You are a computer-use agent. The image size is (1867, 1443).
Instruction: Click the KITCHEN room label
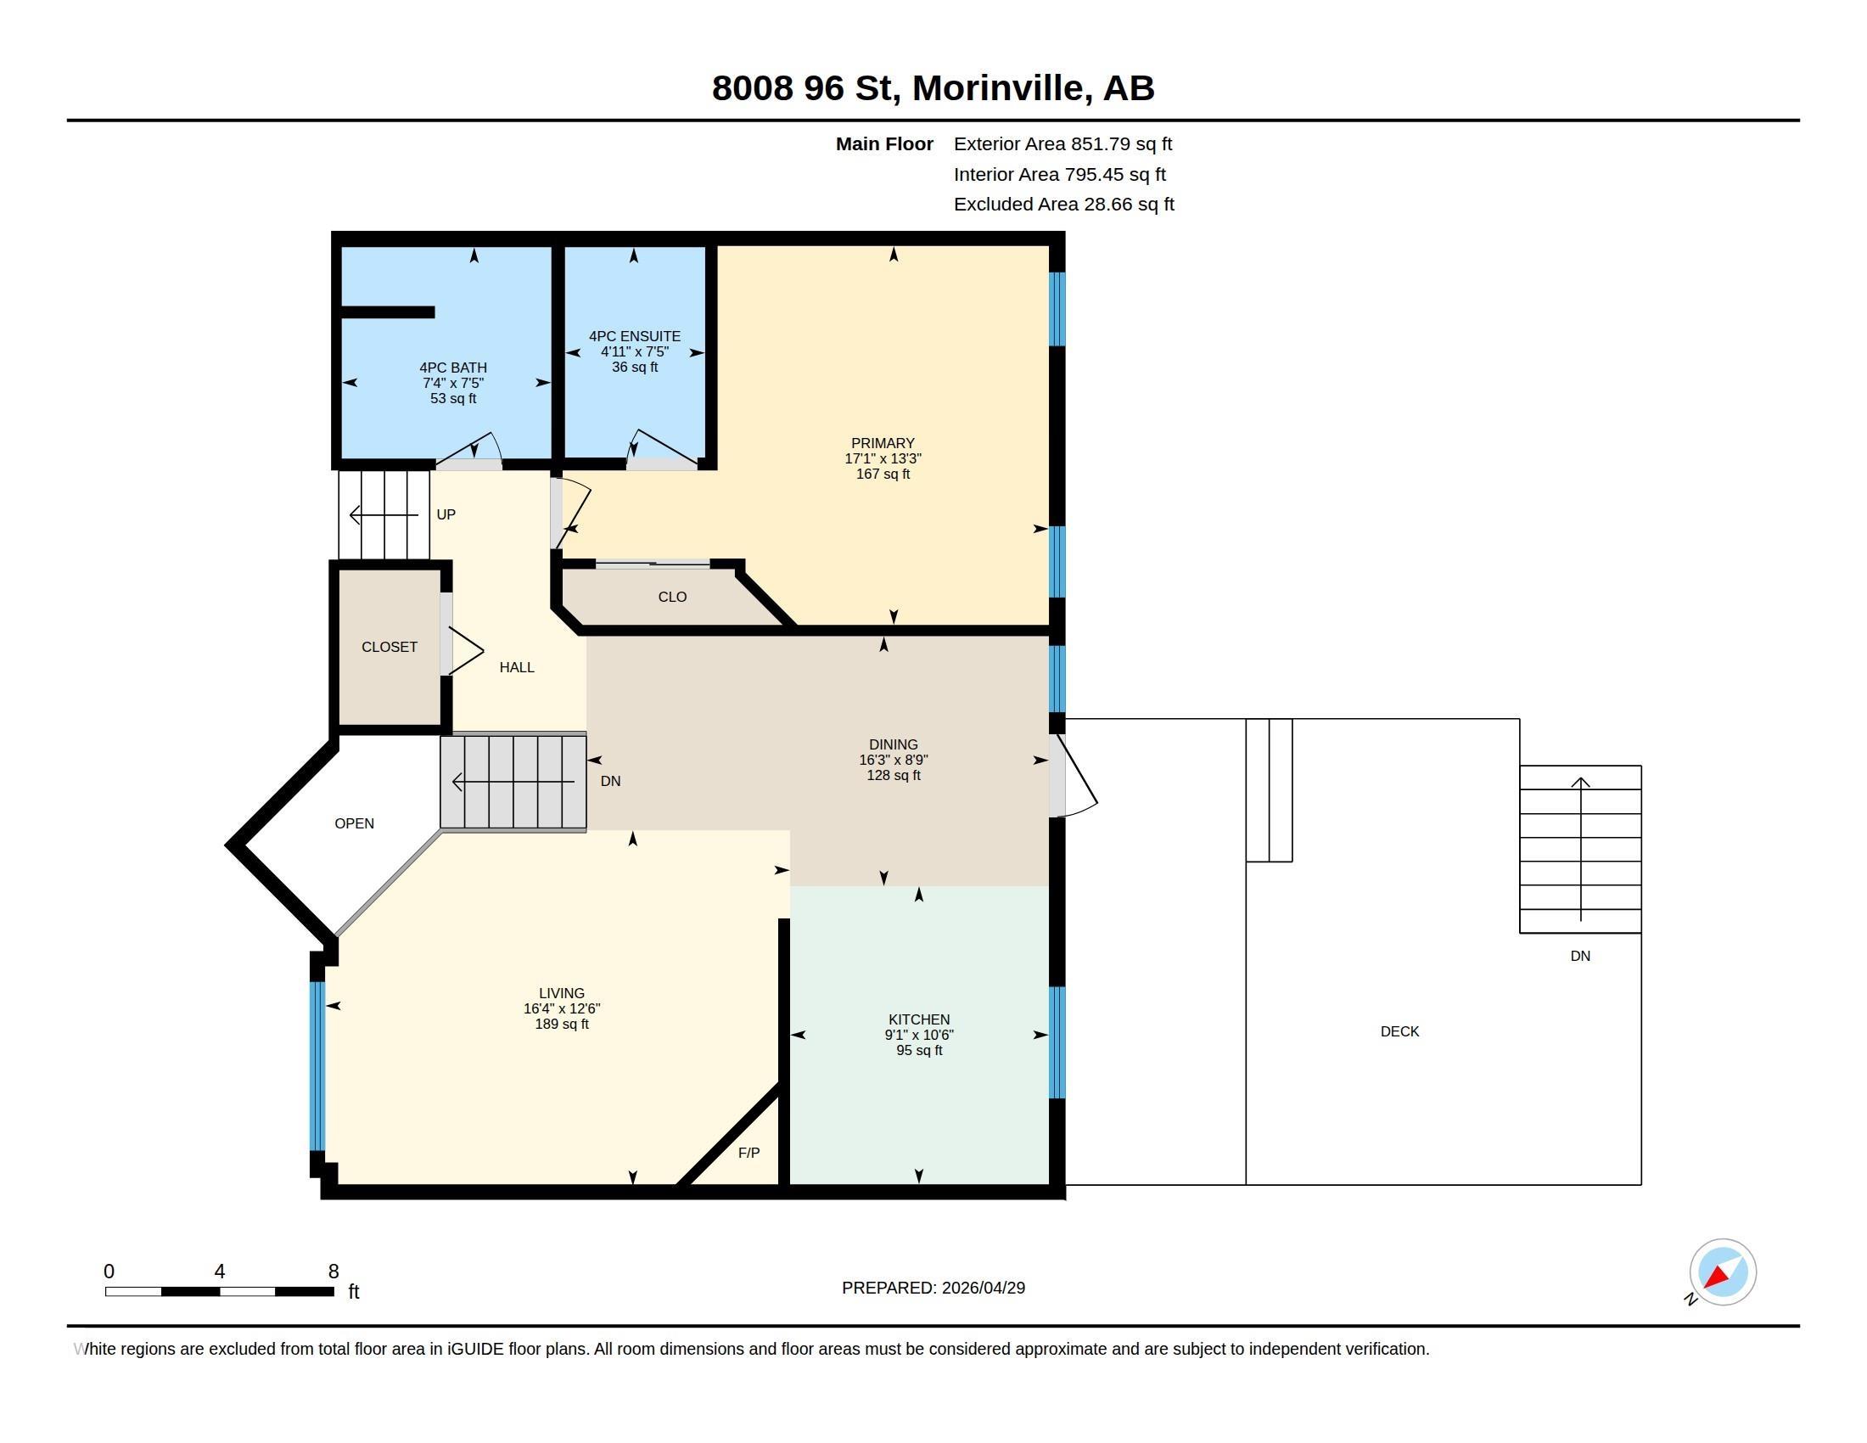[x=919, y=1019]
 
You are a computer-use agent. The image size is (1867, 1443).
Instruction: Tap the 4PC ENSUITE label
[x=634, y=336]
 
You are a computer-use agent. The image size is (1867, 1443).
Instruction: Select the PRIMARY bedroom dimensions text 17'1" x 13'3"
[x=883, y=458]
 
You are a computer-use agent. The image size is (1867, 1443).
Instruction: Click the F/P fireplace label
[x=748, y=1153]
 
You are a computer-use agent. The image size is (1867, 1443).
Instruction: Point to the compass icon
[x=1722, y=1272]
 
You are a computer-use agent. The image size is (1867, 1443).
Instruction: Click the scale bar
[x=219, y=1291]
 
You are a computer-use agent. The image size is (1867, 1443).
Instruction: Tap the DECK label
[x=1399, y=1031]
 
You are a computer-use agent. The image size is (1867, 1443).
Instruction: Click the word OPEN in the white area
[x=354, y=823]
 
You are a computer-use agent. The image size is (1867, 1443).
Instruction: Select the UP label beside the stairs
[x=446, y=514]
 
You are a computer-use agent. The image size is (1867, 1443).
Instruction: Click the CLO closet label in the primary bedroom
[x=672, y=597]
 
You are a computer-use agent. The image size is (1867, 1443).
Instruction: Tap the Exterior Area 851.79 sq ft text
[x=1062, y=143]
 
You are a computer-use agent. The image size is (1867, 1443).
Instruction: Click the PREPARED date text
[x=933, y=1288]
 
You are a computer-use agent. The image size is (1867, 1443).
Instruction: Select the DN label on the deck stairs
[x=1580, y=956]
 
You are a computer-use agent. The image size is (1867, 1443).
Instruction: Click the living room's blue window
[x=317, y=1066]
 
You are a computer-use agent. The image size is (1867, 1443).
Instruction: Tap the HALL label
[x=516, y=667]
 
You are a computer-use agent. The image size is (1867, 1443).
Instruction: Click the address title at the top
[x=933, y=88]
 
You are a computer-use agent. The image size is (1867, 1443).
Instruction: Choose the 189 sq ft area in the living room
[x=562, y=1025]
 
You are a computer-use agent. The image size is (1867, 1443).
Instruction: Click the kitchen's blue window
[x=1057, y=1042]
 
